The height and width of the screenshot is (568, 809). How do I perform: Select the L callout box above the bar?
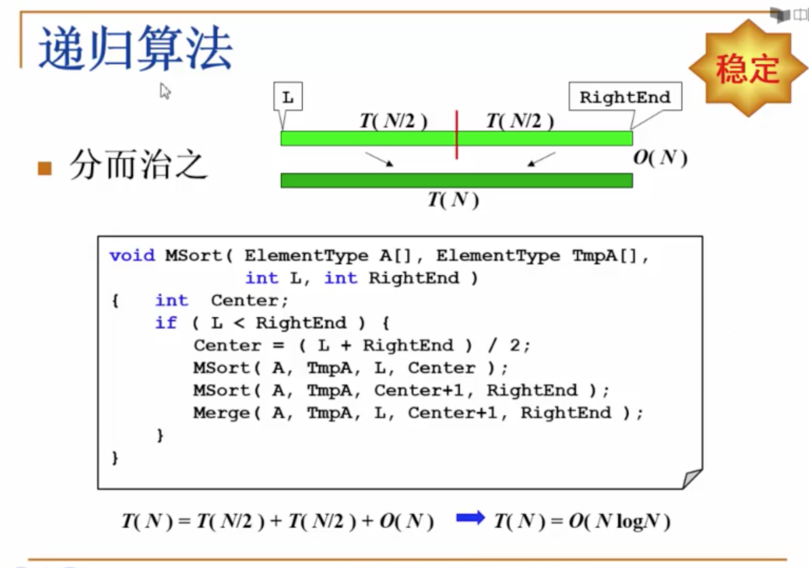(288, 97)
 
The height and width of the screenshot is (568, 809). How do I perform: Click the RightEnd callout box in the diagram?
(625, 97)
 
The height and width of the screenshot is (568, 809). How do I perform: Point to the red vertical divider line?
(457, 134)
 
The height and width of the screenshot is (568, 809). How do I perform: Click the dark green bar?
(456, 181)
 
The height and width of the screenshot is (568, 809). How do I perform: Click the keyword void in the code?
(132, 256)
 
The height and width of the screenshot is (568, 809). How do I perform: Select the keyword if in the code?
(166, 323)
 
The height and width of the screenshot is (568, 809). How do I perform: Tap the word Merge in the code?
(221, 413)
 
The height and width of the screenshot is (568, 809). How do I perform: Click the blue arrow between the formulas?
(470, 518)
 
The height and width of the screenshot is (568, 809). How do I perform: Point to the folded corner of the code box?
(692, 478)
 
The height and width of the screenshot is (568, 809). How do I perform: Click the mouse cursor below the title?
(165, 91)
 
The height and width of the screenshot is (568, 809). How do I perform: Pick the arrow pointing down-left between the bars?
(541, 159)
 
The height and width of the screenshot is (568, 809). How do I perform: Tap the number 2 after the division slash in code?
(514, 345)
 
